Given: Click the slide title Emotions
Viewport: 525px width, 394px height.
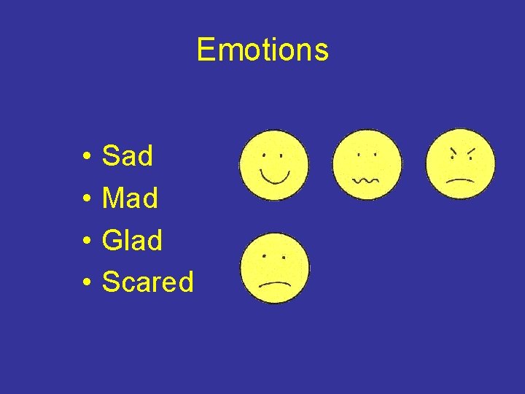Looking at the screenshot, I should point(262,50).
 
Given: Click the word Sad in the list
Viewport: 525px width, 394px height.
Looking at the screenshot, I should point(128,156).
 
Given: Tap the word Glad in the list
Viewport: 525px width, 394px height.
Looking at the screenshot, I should point(132,240).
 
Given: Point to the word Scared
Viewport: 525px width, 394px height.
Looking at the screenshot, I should point(147,282).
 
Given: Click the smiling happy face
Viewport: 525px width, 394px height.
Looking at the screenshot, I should point(274,165).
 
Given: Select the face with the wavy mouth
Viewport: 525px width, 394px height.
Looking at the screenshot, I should point(367,165).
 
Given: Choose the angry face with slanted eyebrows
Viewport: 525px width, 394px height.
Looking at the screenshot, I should point(461,164).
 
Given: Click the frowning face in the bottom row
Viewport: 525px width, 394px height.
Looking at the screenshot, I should point(275,268).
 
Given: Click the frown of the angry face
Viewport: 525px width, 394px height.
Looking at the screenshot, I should point(461,179).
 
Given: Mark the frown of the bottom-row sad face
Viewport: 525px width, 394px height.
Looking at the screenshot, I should point(275,282).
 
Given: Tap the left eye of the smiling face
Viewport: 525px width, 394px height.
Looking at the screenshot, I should point(265,155).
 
